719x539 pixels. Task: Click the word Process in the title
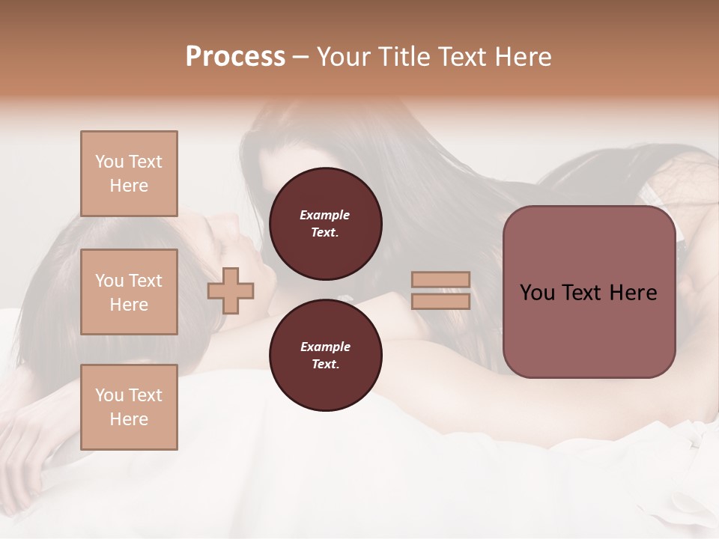(235, 57)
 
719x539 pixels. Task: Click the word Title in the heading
(405, 57)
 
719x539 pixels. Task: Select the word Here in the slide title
(518, 57)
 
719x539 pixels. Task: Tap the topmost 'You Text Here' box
(129, 174)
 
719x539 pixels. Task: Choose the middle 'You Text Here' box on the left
(129, 292)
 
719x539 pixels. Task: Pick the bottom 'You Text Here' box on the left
(129, 407)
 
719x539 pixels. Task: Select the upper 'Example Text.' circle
(325, 224)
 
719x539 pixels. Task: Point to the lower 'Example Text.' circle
(325, 356)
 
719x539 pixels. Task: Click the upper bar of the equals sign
(440, 279)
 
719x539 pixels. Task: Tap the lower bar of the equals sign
(440, 302)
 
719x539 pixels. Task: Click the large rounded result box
(589, 292)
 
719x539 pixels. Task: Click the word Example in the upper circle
(325, 215)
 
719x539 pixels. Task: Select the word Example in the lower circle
(325, 347)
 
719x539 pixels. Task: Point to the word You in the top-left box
(109, 162)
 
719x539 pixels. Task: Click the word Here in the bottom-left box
(129, 419)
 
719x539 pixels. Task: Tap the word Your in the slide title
(345, 57)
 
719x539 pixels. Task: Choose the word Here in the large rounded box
(633, 293)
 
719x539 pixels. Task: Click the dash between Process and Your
(300, 57)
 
